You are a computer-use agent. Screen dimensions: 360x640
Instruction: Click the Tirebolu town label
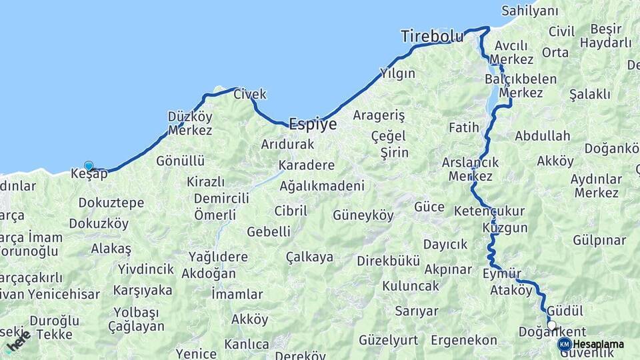432,37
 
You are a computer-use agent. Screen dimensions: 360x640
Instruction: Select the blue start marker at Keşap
89,165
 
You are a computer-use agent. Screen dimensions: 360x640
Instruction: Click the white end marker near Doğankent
551,325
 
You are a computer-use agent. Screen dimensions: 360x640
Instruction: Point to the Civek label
250,94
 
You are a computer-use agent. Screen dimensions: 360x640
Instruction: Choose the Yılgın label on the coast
397,73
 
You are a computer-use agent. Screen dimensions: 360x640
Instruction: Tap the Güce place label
429,207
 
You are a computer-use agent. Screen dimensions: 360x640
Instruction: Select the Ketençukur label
489,211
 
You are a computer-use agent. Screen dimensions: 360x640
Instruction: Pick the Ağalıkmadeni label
322,186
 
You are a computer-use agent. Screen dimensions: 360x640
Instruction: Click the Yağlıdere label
218,257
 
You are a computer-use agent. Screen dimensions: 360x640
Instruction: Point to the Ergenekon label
464,340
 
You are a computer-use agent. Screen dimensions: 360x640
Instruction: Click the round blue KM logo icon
564,344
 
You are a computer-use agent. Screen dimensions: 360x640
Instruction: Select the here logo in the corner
18,341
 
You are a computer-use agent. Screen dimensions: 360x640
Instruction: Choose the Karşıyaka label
143,291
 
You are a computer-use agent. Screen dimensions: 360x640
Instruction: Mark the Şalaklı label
590,94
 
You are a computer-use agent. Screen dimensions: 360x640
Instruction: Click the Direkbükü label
389,261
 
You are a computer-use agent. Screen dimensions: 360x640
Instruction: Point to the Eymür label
501,273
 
